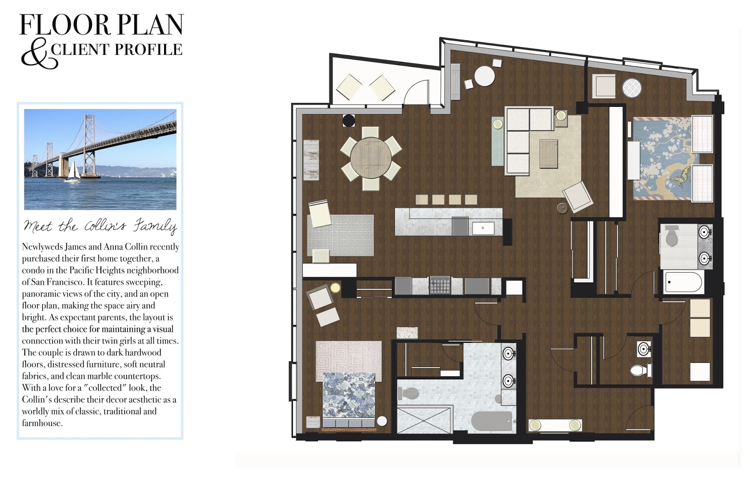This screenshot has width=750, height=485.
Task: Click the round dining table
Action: [371, 158]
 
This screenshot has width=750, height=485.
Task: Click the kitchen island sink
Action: [483, 228]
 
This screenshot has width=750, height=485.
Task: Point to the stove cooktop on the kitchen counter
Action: [440, 285]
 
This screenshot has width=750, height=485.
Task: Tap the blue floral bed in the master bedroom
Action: [349, 400]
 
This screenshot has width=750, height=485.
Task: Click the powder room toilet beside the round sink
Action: [641, 370]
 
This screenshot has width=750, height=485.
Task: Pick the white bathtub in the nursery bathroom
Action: [683, 282]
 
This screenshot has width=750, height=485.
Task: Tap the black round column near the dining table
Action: [349, 120]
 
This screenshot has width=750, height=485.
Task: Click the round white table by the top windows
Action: [484, 76]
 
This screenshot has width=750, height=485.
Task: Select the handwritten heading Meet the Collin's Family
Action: [100, 227]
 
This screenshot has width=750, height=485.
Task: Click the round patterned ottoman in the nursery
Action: [631, 89]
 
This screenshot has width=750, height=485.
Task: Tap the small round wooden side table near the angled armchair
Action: [562, 209]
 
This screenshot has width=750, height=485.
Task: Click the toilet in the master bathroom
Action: [409, 394]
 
